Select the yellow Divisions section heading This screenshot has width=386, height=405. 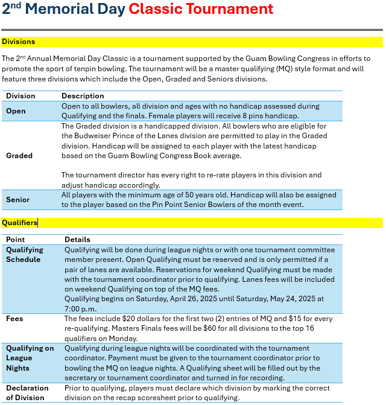(18, 42)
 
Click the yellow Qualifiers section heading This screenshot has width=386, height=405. (19, 223)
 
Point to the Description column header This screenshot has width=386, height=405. (83, 96)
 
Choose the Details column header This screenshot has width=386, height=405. (77, 240)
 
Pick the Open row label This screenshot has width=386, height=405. (16, 111)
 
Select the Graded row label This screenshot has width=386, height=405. (19, 155)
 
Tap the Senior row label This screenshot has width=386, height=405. (17, 199)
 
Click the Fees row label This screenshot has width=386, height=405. (15, 318)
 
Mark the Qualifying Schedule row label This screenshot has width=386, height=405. (24, 254)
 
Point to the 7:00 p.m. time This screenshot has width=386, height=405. (77, 308)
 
